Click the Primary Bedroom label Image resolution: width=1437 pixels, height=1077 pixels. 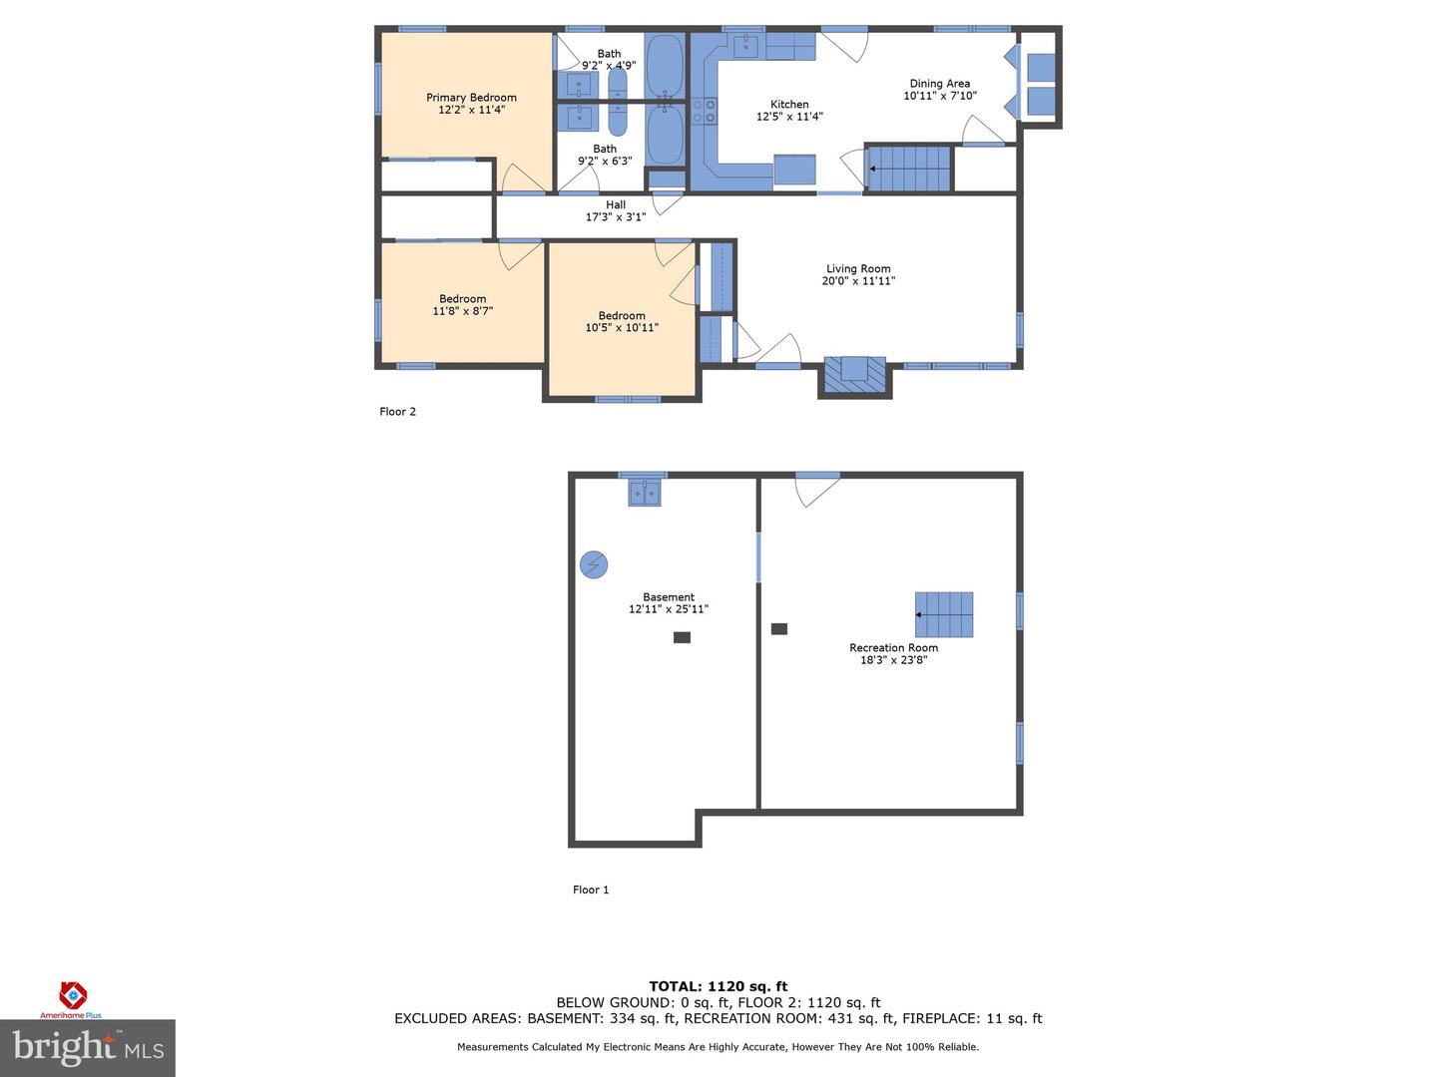coord(471,98)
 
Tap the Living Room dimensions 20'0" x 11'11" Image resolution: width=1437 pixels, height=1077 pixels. coord(858,281)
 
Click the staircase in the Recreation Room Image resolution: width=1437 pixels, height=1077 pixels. coord(944,614)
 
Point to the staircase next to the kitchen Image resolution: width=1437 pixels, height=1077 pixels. coord(908,169)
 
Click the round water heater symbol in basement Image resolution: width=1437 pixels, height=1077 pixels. coord(594,565)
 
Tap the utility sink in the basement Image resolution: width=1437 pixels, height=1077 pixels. coord(644,492)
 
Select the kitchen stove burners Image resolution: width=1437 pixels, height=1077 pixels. coord(705,111)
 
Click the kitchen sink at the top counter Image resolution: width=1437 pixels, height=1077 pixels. coord(746,46)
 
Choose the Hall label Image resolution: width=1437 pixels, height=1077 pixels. coord(616,204)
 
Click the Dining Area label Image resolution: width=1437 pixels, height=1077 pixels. coord(939,84)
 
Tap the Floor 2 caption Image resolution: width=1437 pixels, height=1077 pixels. coord(397,412)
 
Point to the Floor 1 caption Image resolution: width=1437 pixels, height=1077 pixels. coord(591,890)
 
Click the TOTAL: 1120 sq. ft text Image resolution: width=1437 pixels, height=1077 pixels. coord(718,986)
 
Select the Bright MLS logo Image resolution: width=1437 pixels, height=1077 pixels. coord(88,1048)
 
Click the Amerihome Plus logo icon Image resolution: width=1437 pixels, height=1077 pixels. coord(73,994)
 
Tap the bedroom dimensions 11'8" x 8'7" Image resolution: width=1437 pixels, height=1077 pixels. coord(463,311)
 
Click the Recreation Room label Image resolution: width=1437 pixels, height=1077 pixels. coord(893,647)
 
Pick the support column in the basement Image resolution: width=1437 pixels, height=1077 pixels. coord(682,637)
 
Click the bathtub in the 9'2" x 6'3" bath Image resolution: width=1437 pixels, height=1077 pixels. coord(665,136)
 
